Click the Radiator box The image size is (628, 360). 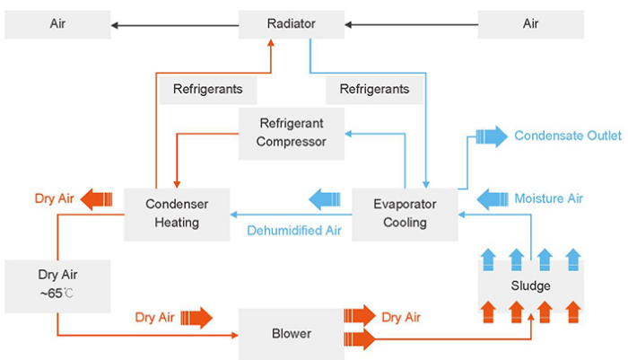(x=292, y=24)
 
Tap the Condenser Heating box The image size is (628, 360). (x=177, y=214)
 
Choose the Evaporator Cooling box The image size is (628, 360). (x=404, y=214)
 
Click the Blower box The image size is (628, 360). (x=292, y=333)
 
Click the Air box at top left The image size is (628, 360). (x=57, y=24)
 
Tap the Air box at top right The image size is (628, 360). (x=530, y=24)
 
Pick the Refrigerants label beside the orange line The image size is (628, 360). (x=207, y=89)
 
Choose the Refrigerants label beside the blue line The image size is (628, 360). (x=374, y=89)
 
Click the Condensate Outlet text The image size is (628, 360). (x=567, y=136)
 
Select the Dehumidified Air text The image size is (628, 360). (x=294, y=232)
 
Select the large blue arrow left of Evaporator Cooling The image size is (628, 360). (x=326, y=198)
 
